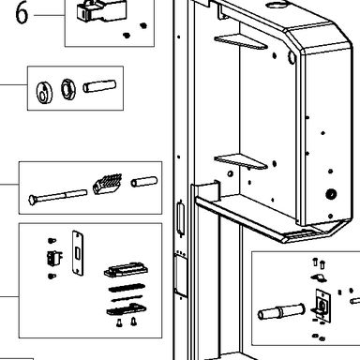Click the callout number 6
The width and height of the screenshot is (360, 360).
pos(22,13)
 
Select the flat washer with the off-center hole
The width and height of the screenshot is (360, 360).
pos(44,92)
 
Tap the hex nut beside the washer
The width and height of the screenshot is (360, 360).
pos(68,89)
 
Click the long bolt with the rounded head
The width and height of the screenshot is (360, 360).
pos(57,197)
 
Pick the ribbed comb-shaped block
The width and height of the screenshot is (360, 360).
pos(107,185)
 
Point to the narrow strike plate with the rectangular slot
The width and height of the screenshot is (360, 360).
pos(78,253)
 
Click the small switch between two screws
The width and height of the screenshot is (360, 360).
pos(53,258)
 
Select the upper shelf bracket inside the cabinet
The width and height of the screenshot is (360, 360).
pos(241,42)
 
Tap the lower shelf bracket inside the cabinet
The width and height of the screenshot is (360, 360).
pos(241,161)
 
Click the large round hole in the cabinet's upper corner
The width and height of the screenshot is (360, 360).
pos(292,57)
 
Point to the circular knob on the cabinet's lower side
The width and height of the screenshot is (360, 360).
pos(331,194)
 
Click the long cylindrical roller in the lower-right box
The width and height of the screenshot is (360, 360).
pos(281,311)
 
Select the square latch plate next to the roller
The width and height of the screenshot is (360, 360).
pos(322,305)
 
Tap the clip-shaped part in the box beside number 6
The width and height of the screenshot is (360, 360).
pos(101,11)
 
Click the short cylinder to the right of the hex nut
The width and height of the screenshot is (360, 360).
pos(99,86)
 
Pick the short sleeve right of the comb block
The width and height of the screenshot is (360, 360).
pos(144,182)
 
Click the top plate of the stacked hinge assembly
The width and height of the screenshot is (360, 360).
pos(126,270)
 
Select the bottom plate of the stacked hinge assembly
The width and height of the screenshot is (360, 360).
pos(127,309)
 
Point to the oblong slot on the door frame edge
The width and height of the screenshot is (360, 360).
pos(180,217)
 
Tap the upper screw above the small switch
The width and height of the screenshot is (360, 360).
pos(52,240)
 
